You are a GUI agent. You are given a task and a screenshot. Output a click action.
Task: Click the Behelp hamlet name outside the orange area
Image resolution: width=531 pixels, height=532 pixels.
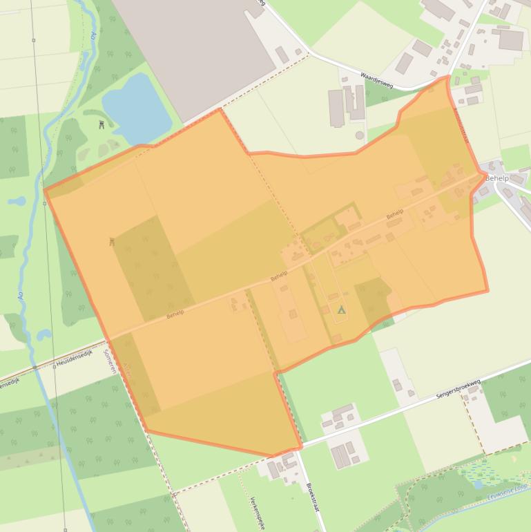[496, 178]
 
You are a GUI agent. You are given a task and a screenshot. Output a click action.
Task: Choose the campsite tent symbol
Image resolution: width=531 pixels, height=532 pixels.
[340, 310]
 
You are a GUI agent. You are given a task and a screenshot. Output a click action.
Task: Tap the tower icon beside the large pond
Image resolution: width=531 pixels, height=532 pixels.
[102, 124]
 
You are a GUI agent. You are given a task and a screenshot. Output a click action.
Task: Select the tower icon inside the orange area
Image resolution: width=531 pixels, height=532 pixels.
[111, 242]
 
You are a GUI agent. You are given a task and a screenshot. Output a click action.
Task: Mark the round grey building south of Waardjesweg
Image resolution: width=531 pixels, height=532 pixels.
[359, 135]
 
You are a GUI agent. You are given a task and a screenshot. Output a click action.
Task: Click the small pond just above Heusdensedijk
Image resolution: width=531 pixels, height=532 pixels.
[44, 335]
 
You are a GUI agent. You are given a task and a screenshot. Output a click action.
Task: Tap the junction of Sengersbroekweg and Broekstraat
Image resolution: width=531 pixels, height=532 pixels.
[302, 446]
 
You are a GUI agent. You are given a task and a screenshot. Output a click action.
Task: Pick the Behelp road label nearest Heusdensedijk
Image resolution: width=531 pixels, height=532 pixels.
[175, 314]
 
